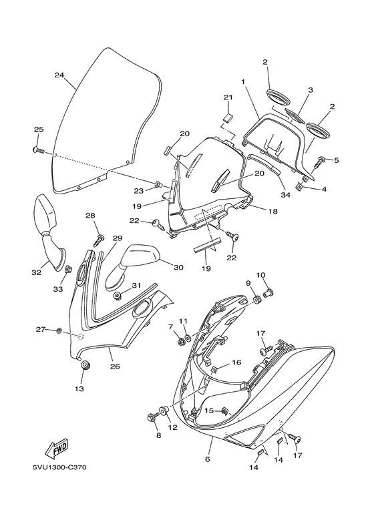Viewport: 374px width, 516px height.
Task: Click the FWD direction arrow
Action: (57, 449)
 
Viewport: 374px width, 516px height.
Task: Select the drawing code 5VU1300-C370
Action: (59, 467)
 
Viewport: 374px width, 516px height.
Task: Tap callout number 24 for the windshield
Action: (59, 75)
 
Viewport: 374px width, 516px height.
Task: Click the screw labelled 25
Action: (39, 150)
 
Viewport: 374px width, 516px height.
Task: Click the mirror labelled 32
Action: (49, 232)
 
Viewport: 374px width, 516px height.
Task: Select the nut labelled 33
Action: (69, 270)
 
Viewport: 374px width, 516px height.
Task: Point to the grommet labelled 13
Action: (85, 366)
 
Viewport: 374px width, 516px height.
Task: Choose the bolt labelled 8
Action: (153, 417)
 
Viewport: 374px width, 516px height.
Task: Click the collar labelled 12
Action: (164, 412)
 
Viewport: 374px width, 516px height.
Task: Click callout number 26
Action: (115, 366)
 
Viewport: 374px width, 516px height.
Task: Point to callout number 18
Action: (273, 211)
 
